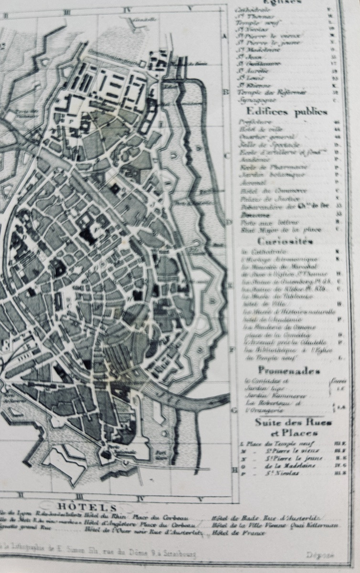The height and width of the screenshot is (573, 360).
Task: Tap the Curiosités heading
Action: (x=286, y=242)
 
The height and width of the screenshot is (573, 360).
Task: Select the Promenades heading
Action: (x=289, y=370)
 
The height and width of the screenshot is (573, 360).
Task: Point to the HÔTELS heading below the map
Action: (x=93, y=507)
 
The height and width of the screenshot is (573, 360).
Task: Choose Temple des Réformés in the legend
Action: (x=272, y=92)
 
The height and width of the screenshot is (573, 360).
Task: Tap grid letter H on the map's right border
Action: (x=234, y=470)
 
